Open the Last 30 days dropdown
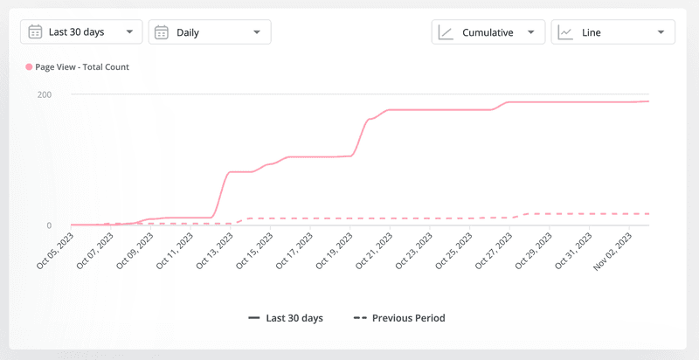pos(81,32)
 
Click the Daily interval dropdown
pos(210,32)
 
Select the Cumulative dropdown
pos(488,32)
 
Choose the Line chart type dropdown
pos(612,32)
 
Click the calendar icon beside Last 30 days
pos(35,32)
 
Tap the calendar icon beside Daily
pos(162,32)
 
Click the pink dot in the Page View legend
pos(30,66)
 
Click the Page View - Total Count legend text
pos(82,66)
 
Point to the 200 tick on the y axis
pos(43,93)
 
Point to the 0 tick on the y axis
pos(48,225)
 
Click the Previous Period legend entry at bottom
pos(399,318)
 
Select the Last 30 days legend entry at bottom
pos(286,318)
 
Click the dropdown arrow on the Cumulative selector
pos(530,32)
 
